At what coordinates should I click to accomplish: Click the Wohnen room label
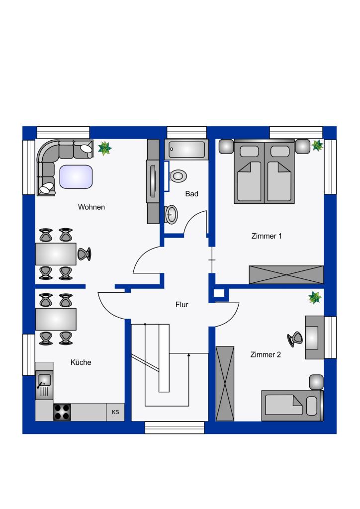tap(91, 207)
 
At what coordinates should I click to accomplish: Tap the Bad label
tap(191, 194)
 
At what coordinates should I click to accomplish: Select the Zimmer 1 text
tap(267, 236)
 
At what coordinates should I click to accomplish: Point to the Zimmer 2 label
tap(265, 354)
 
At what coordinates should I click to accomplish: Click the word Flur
tap(182, 305)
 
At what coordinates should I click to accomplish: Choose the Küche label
tap(81, 362)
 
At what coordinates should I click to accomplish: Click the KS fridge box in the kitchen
tap(115, 412)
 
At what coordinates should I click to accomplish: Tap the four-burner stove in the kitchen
tap(62, 412)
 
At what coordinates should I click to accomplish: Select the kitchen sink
tap(44, 385)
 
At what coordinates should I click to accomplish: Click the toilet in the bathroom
tap(178, 176)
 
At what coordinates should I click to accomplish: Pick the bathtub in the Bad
tap(186, 149)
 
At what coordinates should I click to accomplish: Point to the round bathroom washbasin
tap(171, 214)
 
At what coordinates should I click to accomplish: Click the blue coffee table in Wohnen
tap(76, 177)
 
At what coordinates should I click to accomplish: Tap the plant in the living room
tap(105, 148)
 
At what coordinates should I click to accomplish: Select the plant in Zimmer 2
tap(315, 297)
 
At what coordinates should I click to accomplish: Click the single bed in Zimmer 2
tap(292, 406)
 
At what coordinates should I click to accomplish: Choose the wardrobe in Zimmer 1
tap(286, 274)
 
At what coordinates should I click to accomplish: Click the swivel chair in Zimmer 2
tap(295, 339)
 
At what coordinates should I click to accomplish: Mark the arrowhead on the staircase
tap(188, 355)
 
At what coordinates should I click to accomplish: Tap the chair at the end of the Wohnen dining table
tap(84, 254)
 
